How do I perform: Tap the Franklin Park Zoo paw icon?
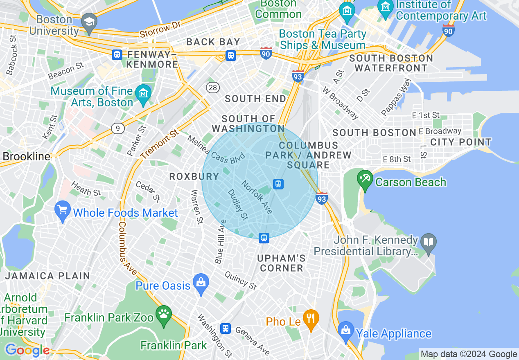coord(164,316)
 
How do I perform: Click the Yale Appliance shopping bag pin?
coord(346,331)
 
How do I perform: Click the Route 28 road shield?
coord(213,87)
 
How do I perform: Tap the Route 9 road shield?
coord(117,129)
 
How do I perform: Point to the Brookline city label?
coord(26,156)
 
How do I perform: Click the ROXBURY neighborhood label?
coord(194,176)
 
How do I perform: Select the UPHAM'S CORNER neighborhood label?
coord(282,263)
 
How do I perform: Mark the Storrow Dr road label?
coord(160,29)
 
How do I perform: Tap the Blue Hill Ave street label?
coord(220,241)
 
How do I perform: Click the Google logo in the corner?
coord(27,350)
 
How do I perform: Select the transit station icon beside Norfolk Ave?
coord(278,184)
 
